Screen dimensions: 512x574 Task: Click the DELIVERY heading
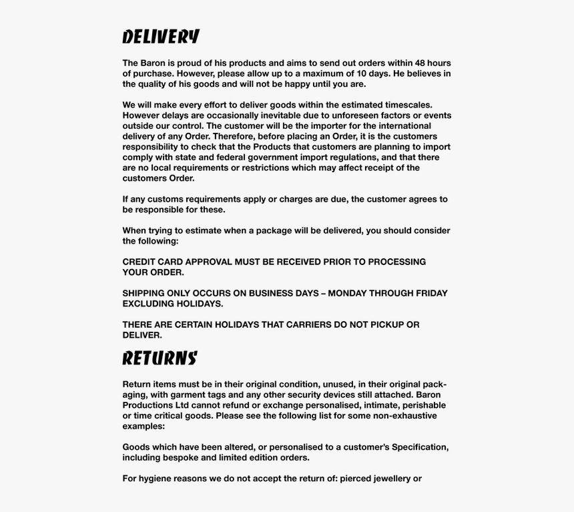click(x=161, y=37)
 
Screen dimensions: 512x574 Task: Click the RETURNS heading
click(x=160, y=358)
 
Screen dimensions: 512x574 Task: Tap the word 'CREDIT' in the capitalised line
click(x=138, y=262)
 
